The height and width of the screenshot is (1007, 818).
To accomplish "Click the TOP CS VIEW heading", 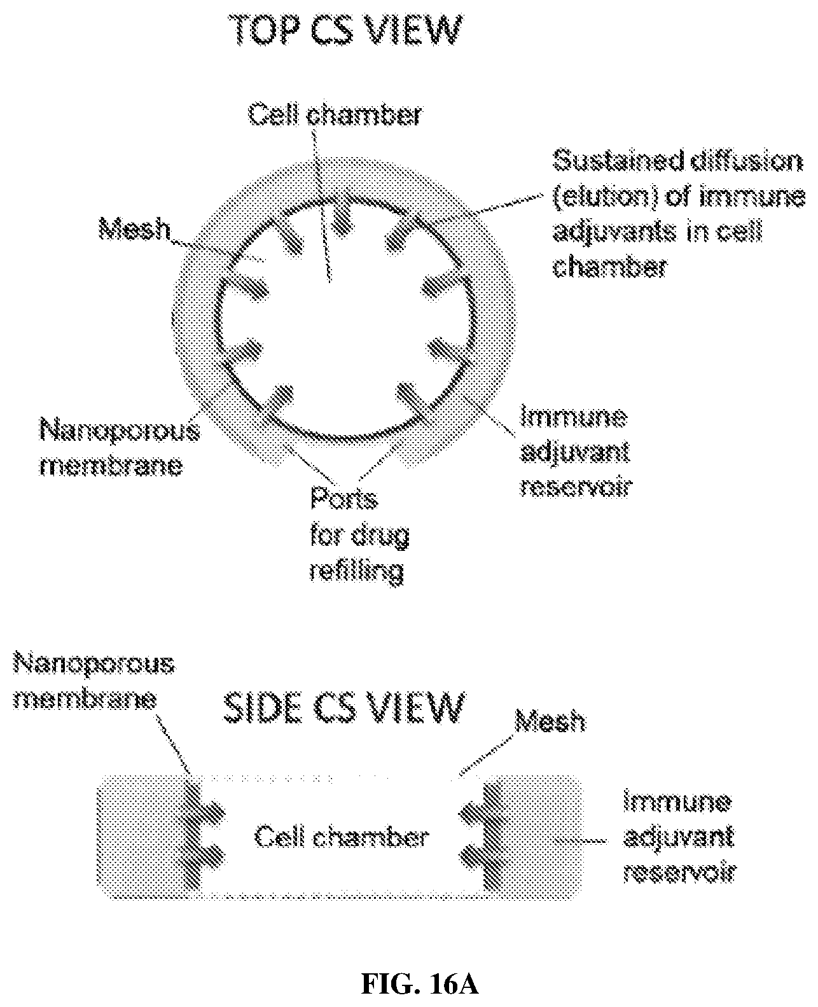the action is [x=346, y=31].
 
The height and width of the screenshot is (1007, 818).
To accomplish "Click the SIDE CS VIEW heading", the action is [x=344, y=708].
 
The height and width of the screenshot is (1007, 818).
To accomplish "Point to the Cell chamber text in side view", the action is [x=341, y=837].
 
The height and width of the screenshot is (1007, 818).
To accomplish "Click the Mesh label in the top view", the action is [x=134, y=228].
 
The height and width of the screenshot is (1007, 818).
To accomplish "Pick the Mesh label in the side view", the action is [x=550, y=721].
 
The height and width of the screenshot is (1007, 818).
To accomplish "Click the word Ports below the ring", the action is [x=344, y=498].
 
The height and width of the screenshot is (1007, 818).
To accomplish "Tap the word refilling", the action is [x=357, y=571].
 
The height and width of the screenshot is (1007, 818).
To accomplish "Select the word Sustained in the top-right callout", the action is [x=618, y=161].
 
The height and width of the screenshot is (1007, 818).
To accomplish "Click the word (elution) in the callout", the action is [x=606, y=197].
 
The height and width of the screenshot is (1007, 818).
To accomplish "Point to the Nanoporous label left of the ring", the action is [x=120, y=431].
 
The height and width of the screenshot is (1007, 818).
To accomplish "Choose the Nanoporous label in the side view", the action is [x=94, y=663].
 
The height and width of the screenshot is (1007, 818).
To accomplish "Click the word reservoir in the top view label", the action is [x=576, y=487].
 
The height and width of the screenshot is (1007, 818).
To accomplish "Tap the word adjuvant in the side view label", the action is [x=679, y=837].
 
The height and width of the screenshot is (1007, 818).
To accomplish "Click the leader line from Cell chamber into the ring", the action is [x=321, y=205].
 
